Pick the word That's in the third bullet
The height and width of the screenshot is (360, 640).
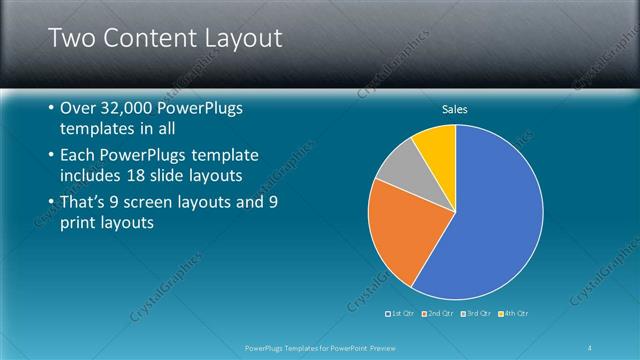[87, 203]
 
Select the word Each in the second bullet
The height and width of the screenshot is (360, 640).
[79, 156]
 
